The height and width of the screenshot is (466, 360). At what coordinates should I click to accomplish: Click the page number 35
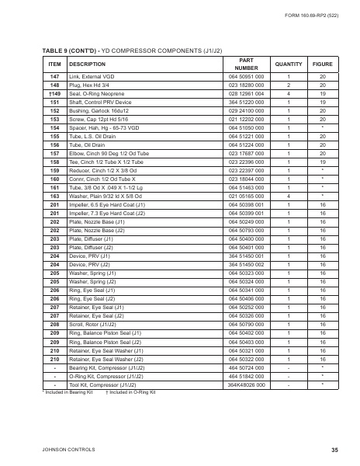(334, 450)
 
